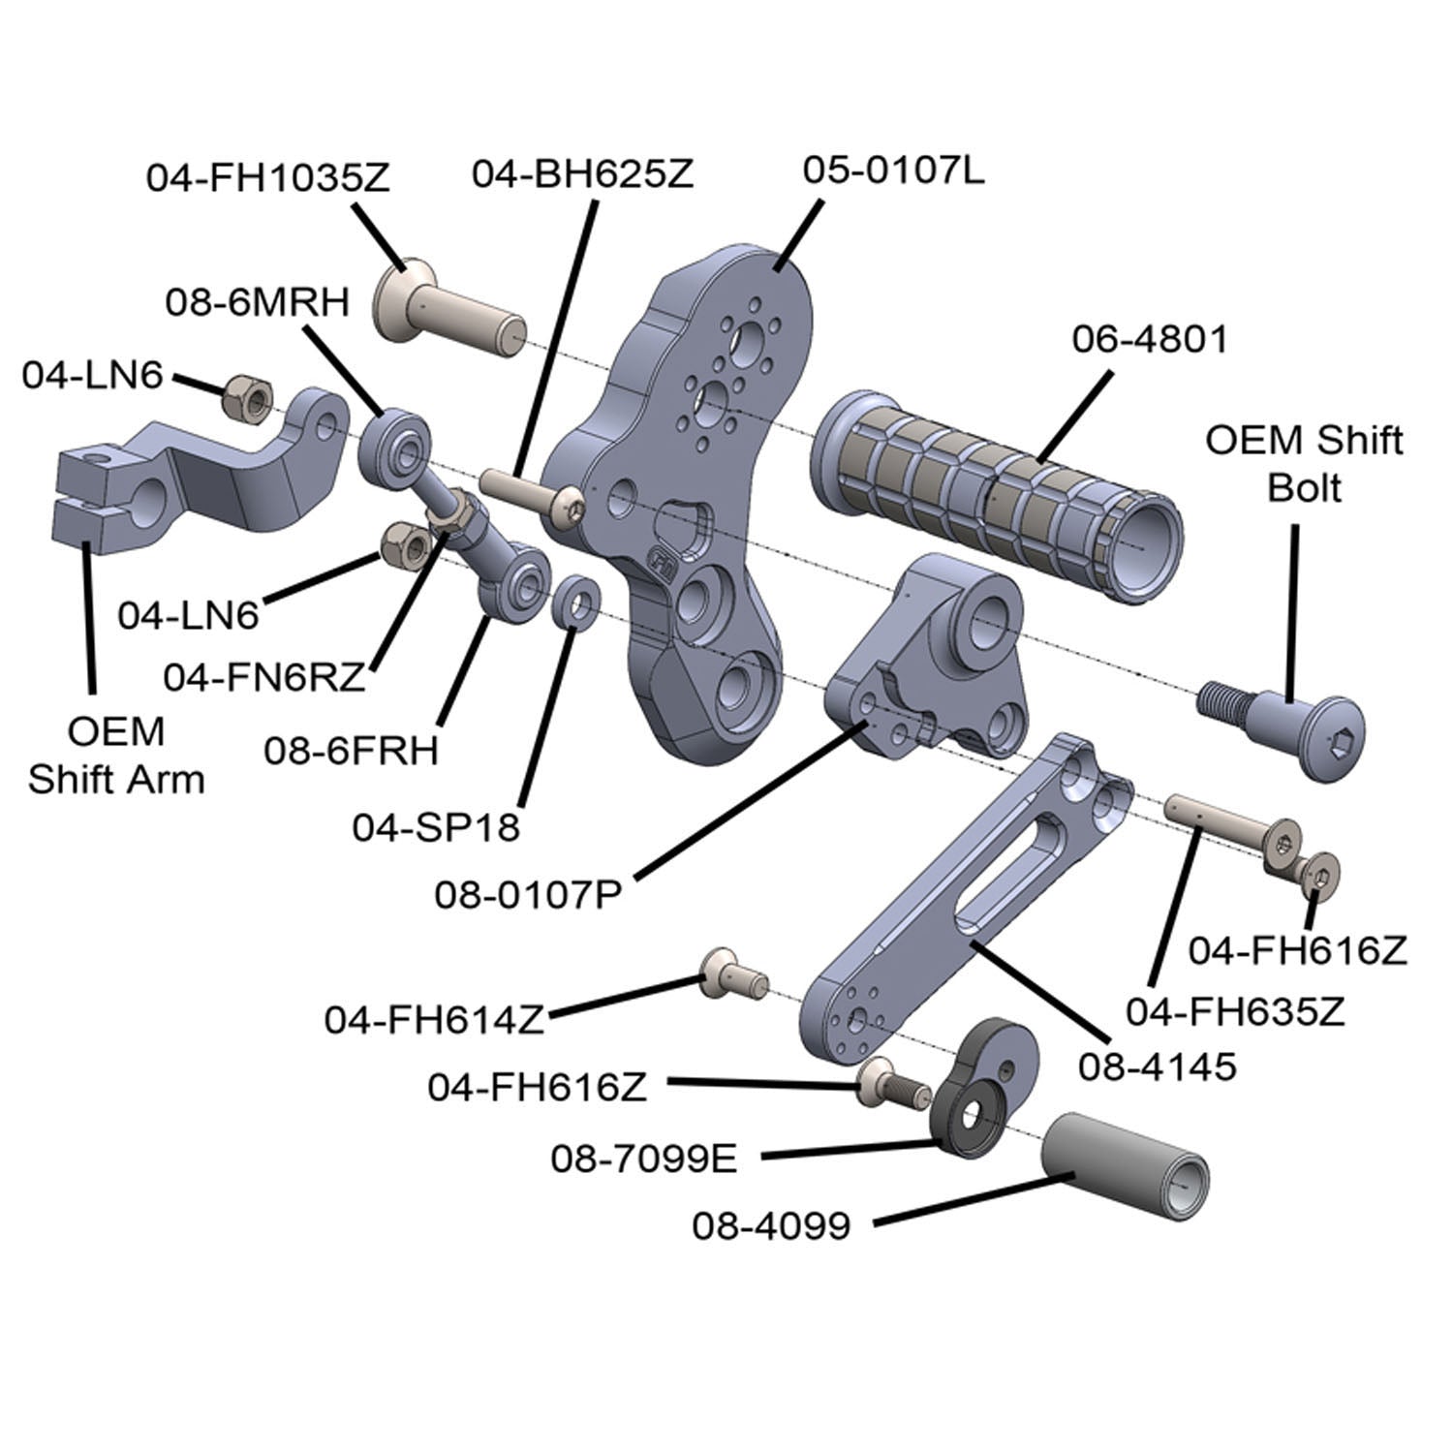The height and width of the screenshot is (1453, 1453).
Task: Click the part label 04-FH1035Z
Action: pos(267,179)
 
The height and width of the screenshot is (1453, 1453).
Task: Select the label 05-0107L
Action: pos(893,171)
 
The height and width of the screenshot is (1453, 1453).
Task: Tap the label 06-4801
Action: pos(1149,339)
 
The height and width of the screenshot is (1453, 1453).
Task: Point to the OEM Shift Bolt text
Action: pos(1304,463)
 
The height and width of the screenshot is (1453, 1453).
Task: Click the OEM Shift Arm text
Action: pos(116,756)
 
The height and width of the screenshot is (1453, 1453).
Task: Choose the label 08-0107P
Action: pos(527,893)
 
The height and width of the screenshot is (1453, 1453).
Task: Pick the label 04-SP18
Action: pos(436,828)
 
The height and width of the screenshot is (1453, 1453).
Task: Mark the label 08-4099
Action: pos(771,1225)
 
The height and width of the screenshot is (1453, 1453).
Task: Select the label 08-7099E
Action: pos(644,1158)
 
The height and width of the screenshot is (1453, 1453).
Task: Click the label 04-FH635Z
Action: pos(1235,1013)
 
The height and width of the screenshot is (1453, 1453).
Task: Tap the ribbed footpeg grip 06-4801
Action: pos(998,484)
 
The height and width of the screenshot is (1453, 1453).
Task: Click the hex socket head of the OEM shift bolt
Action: pos(1341,744)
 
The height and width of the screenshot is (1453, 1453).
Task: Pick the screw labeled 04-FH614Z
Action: pos(732,974)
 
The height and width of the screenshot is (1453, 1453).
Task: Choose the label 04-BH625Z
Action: pos(582,175)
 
